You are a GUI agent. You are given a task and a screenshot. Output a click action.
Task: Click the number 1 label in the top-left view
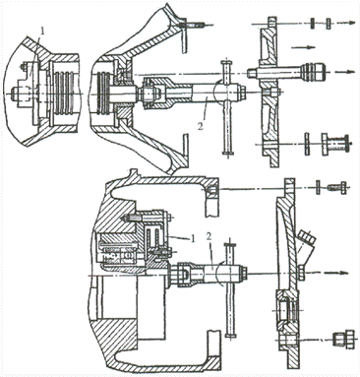tap(42, 31)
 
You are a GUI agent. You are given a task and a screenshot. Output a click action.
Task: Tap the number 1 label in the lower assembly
tap(193, 238)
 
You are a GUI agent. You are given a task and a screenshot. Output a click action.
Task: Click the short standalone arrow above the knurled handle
tap(303, 47)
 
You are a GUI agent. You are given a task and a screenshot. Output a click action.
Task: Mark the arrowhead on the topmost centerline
tap(352, 23)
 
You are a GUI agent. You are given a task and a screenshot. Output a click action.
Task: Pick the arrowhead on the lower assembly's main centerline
tap(342, 273)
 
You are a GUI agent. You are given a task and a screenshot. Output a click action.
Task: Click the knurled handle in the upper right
tap(313, 72)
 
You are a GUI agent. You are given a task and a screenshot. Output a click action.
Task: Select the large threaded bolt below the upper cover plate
tap(336, 144)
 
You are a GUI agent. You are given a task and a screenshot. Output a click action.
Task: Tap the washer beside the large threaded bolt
tap(307, 144)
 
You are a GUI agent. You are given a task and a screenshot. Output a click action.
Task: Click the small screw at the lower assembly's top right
tap(336, 188)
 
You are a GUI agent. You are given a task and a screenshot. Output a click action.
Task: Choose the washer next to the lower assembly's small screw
tap(318, 187)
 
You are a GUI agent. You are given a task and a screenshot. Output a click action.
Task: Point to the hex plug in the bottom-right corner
tap(343, 340)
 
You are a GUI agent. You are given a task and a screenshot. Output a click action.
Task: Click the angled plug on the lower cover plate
tap(307, 247)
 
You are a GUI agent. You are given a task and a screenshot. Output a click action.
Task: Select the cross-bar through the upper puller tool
tap(227, 107)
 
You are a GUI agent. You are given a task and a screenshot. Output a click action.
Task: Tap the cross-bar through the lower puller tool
tap(231, 289)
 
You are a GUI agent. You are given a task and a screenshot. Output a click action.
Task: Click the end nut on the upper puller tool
tap(243, 92)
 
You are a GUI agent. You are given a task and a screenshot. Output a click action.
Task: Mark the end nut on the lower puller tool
tap(245, 272)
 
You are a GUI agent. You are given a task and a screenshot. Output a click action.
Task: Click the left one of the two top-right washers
tap(313, 23)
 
